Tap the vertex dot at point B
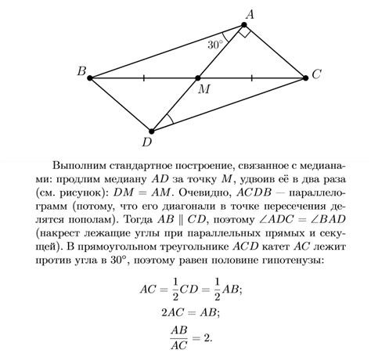pyautogui.click(x=91, y=77)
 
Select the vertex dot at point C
pyautogui.click(x=305, y=77)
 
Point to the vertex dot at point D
pyautogui.click(x=151, y=130)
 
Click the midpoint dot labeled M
pyautogui.click(x=197, y=77)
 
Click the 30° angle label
pyautogui.click(x=215, y=45)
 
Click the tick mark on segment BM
pyautogui.click(x=144, y=77)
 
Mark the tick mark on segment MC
pyautogui.click(x=251, y=77)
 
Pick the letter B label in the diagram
pyautogui.click(x=81, y=72)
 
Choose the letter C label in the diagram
pyautogui.click(x=315, y=75)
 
